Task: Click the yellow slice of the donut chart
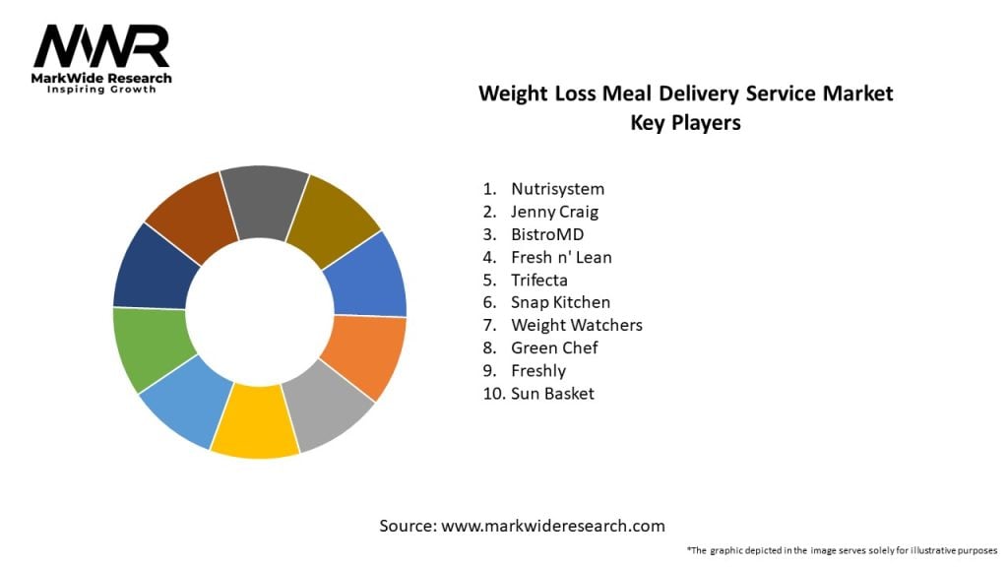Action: click(x=254, y=422)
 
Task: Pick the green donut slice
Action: click(x=150, y=346)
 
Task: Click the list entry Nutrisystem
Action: click(x=557, y=188)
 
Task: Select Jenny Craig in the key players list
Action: click(x=554, y=211)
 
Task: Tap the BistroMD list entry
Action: click(x=547, y=234)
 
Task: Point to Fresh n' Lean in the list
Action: click(x=561, y=257)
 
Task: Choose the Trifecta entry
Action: click(x=539, y=280)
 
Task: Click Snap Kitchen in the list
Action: click(x=560, y=302)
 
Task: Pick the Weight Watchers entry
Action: click(x=576, y=325)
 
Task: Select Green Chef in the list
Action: click(x=554, y=347)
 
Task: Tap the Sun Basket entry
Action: click(x=552, y=394)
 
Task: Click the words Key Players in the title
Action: click(x=685, y=124)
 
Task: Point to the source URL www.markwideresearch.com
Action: click(x=552, y=526)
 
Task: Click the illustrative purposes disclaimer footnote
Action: click(x=842, y=550)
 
